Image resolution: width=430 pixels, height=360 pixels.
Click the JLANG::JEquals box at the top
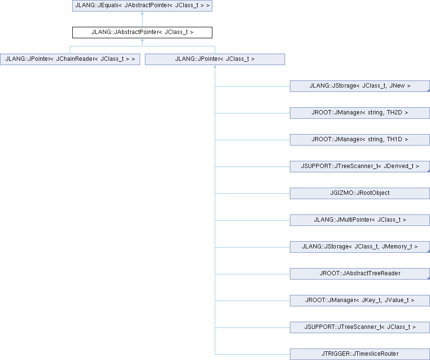(142, 5)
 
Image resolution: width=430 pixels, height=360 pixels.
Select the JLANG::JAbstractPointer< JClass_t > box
(142, 33)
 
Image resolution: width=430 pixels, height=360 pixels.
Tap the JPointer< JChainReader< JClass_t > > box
(70, 59)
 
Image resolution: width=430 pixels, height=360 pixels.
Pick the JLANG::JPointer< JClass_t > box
(215, 59)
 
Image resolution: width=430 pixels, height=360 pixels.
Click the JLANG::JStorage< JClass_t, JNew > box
(360, 86)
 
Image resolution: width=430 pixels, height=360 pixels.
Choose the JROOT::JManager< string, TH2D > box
(360, 113)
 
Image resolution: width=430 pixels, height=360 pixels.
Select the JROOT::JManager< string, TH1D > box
(360, 140)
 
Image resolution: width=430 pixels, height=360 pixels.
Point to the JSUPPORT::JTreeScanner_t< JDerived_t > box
(360, 167)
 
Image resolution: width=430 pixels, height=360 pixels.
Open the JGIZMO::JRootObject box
(360, 193)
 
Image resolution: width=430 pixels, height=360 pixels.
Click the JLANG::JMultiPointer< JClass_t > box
(360, 220)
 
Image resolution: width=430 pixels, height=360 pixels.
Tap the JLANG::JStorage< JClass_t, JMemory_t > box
(360, 247)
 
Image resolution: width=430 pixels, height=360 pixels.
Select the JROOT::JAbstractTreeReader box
(360, 273)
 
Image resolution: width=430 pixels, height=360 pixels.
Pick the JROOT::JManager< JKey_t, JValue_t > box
(360, 301)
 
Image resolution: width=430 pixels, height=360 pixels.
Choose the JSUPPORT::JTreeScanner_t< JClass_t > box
(360, 327)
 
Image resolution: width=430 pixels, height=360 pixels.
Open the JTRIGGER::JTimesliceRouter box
(360, 354)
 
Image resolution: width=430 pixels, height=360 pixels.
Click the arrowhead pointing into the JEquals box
(142, 13)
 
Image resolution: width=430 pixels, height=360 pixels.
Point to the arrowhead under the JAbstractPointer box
(142, 40)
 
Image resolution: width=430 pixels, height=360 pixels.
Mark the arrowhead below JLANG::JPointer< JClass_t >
(215, 67)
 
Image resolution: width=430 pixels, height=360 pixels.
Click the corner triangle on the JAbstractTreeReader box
(429, 278)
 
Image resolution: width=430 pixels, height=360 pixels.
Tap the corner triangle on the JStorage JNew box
(429, 90)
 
